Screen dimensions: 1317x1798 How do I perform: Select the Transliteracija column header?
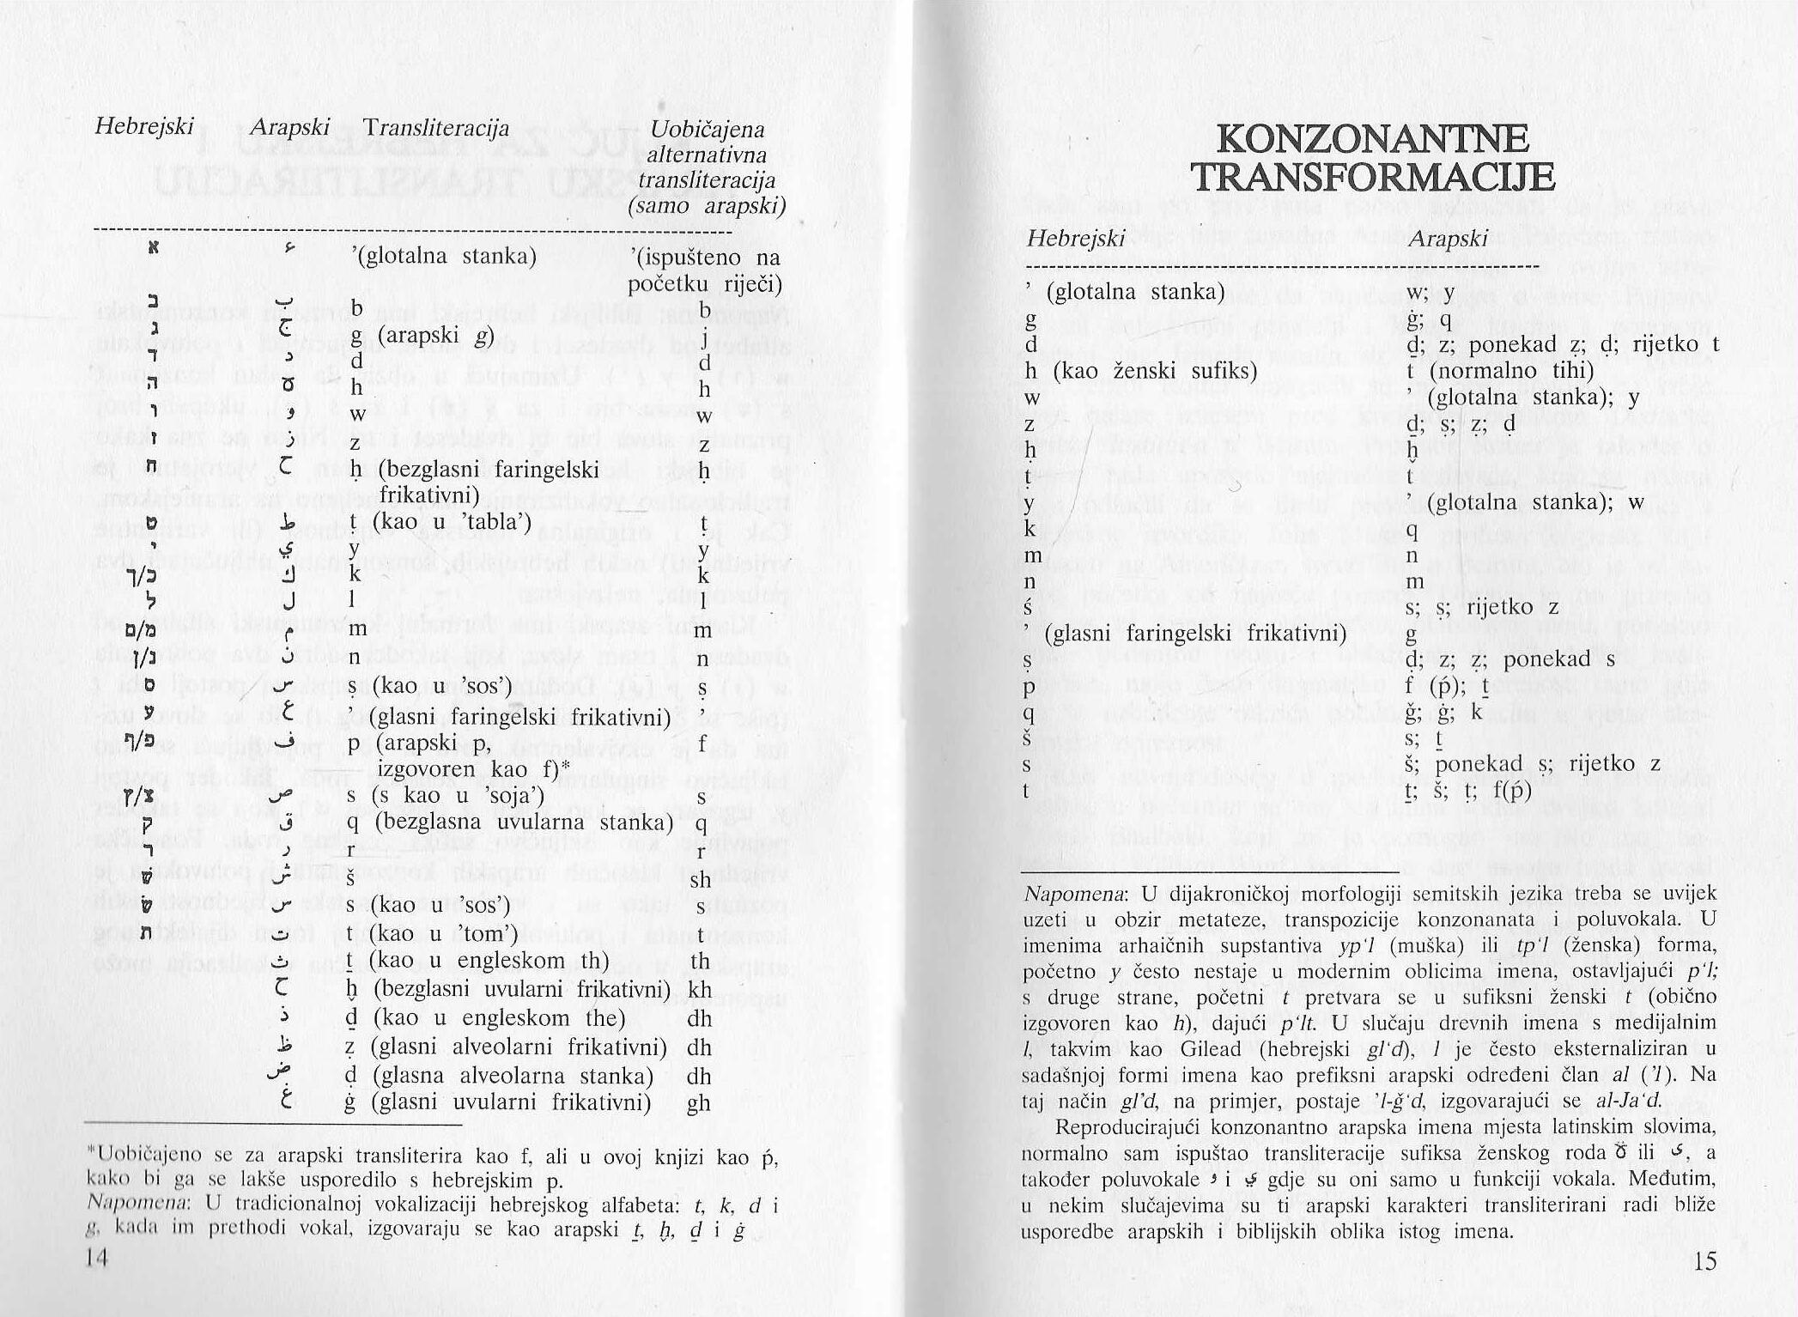435,128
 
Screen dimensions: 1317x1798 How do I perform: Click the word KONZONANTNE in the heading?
1373,139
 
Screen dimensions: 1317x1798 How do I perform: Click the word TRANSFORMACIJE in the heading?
1373,178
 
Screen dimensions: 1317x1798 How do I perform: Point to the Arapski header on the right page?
1448,239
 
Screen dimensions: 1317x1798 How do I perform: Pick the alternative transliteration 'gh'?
699,1103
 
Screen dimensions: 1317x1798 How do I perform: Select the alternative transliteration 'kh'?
700,990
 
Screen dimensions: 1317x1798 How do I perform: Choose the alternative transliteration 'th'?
700,961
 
